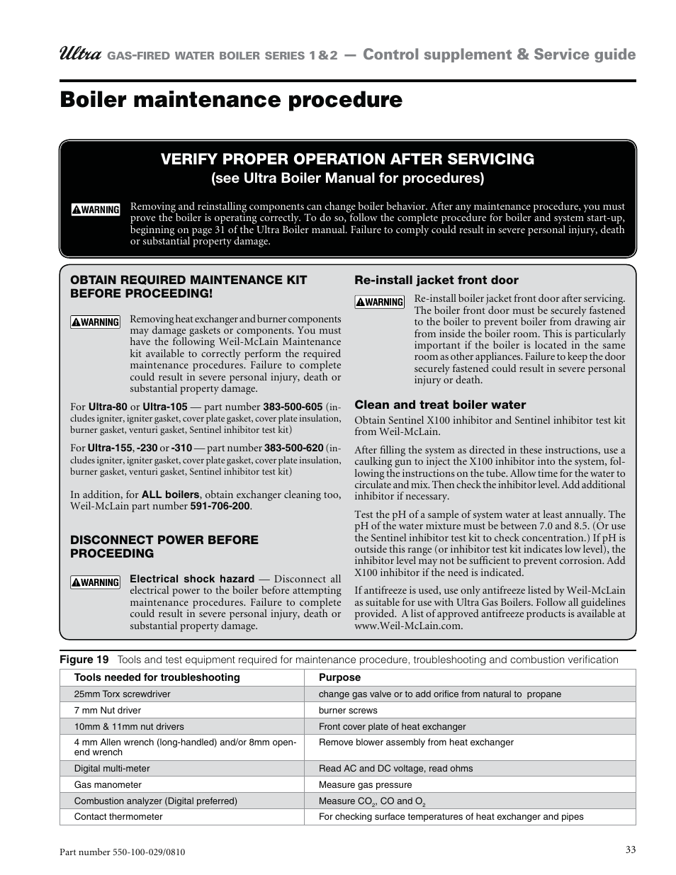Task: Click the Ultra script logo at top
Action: pyautogui.click(x=81, y=55)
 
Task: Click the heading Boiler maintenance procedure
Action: pyautogui.click(x=231, y=100)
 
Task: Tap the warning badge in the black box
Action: pyautogui.click(x=96, y=210)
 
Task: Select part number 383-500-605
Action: pyautogui.click(x=293, y=407)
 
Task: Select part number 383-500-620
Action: pyautogui.click(x=293, y=448)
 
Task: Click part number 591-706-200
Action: pyautogui.click(x=220, y=507)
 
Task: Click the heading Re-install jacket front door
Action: pyautogui.click(x=436, y=281)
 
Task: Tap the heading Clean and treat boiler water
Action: pyautogui.click(x=440, y=405)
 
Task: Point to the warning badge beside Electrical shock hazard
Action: pyautogui.click(x=96, y=582)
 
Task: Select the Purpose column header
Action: pyautogui.click(x=339, y=677)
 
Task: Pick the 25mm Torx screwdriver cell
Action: pyautogui.click(x=122, y=694)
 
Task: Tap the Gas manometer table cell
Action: pyautogui.click(x=108, y=785)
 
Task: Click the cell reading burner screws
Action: pyautogui.click(x=348, y=711)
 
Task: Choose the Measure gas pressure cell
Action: pyautogui.click(x=365, y=785)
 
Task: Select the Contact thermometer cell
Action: pyautogui.click(x=118, y=817)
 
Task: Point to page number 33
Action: pyautogui.click(x=631, y=850)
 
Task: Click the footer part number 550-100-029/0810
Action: pyautogui.click(x=123, y=852)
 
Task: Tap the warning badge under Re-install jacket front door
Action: pyautogui.click(x=380, y=303)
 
